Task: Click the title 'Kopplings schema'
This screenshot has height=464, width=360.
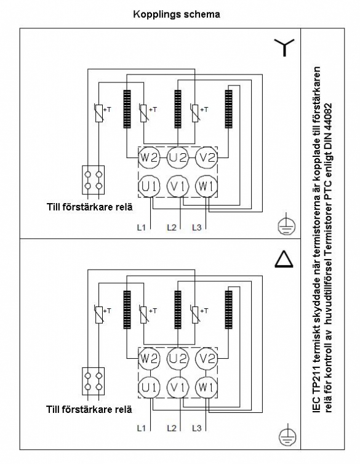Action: (177, 14)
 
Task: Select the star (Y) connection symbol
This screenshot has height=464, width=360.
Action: (284, 47)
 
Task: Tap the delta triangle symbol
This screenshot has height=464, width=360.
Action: (284, 259)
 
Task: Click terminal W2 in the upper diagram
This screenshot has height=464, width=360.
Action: (149, 158)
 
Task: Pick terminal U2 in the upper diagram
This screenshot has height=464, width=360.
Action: (178, 158)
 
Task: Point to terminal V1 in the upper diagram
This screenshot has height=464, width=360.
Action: (178, 186)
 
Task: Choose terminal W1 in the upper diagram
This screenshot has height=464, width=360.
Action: (206, 186)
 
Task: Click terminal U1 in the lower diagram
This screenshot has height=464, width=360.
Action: (149, 387)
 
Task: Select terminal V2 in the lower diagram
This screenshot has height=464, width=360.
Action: (206, 358)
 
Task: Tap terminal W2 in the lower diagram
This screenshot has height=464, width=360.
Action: (149, 358)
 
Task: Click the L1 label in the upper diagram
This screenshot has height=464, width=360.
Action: (142, 227)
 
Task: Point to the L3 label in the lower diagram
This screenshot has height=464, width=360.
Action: (197, 428)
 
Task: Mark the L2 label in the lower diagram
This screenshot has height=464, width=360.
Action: (172, 428)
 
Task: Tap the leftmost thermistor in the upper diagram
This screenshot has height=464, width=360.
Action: (99, 113)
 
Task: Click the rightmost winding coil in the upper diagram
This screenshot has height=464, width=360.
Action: (228, 109)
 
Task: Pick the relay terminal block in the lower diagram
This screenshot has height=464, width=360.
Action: (93, 381)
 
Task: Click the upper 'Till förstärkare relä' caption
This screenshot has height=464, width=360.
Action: (90, 207)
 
